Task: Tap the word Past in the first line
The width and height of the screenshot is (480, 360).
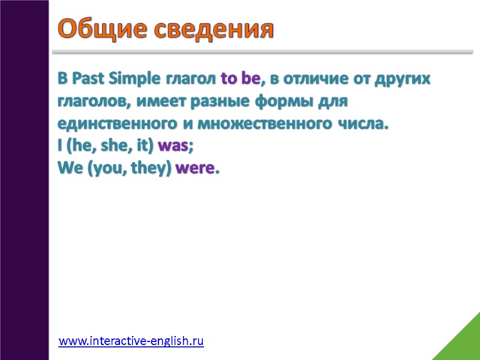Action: (87, 79)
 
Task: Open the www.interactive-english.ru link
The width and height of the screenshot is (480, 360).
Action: (131, 341)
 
